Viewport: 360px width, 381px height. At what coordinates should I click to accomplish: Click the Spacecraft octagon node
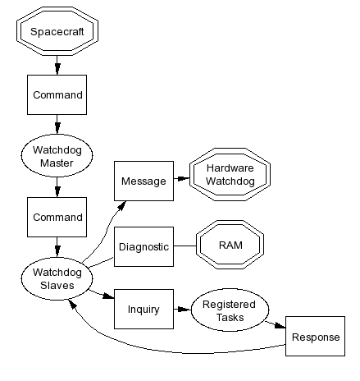pos(57,31)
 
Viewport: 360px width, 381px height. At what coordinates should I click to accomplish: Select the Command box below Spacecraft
pos(57,94)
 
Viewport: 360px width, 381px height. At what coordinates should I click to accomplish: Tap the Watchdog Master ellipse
pos(57,155)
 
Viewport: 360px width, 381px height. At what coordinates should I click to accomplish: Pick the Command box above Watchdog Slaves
pos(57,217)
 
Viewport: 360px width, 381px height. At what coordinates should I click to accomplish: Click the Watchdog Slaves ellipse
pos(57,278)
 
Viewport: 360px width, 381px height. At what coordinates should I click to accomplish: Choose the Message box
pos(144,181)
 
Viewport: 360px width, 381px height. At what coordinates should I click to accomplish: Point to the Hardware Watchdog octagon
pos(230,175)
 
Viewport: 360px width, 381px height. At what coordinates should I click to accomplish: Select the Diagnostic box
pos(144,246)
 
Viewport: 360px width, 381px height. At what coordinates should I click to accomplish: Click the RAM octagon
pos(230,245)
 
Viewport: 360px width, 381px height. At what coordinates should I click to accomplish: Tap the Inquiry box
pos(144,309)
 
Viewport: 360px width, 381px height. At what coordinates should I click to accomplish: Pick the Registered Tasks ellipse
pos(230,310)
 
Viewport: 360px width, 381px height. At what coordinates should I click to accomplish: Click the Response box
pos(316,337)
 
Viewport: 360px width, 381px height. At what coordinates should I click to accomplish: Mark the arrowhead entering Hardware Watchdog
pos(184,179)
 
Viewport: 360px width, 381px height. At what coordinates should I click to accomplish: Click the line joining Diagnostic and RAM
pos(185,246)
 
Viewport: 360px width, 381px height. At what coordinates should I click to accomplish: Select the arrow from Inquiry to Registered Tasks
pos(182,310)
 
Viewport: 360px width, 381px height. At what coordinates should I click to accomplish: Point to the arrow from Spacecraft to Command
pos(57,66)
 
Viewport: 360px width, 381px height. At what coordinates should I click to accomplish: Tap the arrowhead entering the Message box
pos(122,205)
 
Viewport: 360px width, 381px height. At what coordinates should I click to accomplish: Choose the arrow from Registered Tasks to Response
pos(276,324)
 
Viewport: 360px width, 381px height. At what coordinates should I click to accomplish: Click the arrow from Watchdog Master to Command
pos(57,187)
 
